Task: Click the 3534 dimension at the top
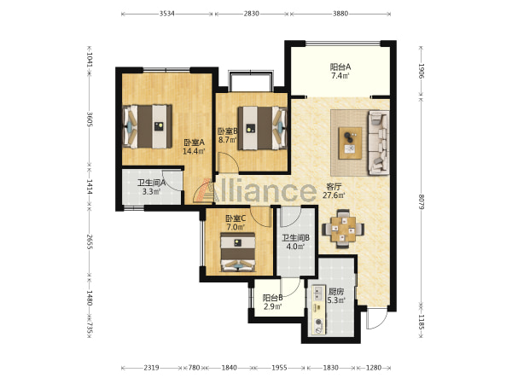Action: [x=167, y=14]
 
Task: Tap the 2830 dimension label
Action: [x=252, y=14]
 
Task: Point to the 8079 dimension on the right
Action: [x=421, y=202]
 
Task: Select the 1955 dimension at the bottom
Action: [x=280, y=368]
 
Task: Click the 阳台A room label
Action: [x=340, y=67]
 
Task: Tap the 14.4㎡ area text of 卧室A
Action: [x=194, y=152]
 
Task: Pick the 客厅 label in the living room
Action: [x=334, y=187]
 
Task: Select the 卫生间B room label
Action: [x=296, y=238]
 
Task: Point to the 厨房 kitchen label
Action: [x=336, y=292]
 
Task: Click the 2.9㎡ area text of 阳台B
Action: [x=273, y=306]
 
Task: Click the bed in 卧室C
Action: [x=238, y=252]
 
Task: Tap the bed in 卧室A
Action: [x=148, y=126]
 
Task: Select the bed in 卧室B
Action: [x=263, y=128]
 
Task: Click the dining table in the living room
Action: [x=343, y=229]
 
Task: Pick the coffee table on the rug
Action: [x=350, y=143]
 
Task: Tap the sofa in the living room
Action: [x=379, y=143]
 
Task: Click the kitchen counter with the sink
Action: [x=318, y=310]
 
